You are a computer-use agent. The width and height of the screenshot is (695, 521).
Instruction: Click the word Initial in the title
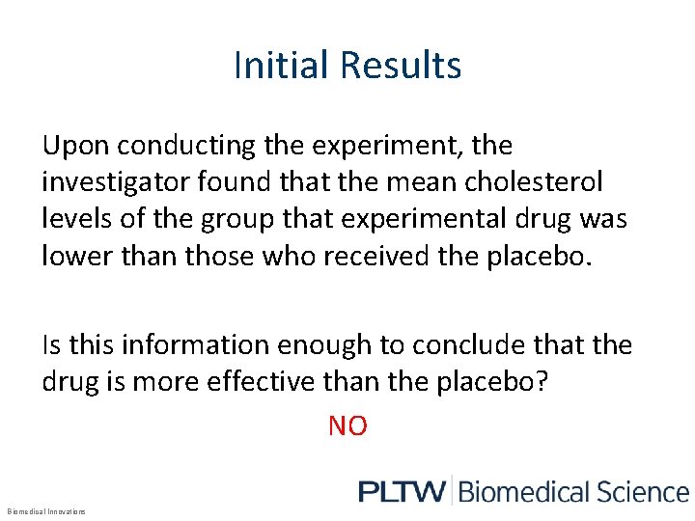point(267,66)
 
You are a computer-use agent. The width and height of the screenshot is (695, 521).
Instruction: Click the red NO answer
point(347,425)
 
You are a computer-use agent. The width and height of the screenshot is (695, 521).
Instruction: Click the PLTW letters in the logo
point(402,491)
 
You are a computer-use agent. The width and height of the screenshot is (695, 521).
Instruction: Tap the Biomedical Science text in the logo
point(573,491)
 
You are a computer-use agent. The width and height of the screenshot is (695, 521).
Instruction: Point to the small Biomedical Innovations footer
point(45,511)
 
